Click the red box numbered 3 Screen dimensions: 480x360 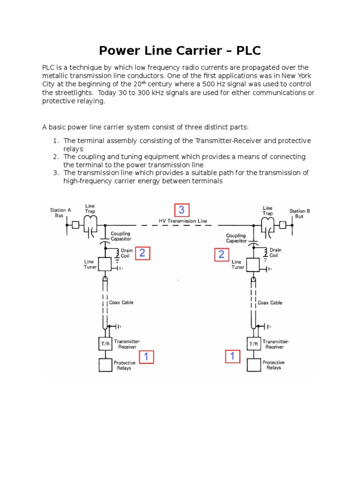182,210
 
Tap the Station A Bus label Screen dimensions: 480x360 60,213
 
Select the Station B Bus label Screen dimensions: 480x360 300,214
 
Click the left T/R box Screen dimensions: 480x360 105,344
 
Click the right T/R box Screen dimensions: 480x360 254,344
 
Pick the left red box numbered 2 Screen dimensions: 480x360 142,254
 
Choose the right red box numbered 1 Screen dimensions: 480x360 232,357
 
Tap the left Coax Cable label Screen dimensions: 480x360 121,302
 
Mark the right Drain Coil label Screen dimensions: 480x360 274,253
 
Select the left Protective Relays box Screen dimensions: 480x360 105,365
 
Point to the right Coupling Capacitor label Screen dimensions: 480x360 236,238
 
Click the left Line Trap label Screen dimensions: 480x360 90,209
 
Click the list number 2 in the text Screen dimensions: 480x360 55,156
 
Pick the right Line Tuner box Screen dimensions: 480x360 254,265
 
